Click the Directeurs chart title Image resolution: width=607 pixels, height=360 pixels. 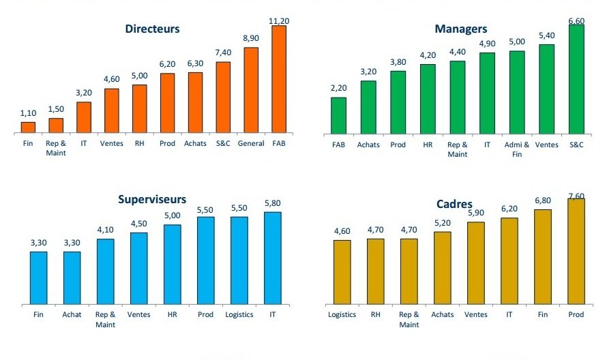(152, 29)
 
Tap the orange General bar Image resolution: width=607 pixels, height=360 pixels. (251, 89)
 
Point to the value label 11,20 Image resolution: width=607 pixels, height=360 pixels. (280, 21)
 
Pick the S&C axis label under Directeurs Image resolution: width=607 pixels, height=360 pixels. (223, 144)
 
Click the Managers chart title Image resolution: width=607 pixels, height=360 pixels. (461, 29)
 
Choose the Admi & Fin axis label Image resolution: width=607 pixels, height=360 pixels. (516, 149)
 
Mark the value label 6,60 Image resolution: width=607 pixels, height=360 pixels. (576, 20)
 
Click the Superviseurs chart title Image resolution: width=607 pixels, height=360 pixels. (151, 199)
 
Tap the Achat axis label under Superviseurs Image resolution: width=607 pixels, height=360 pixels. (72, 314)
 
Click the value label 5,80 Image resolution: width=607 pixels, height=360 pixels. (273, 203)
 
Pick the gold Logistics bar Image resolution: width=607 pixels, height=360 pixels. (342, 271)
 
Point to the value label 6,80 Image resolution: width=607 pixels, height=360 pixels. (543, 200)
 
